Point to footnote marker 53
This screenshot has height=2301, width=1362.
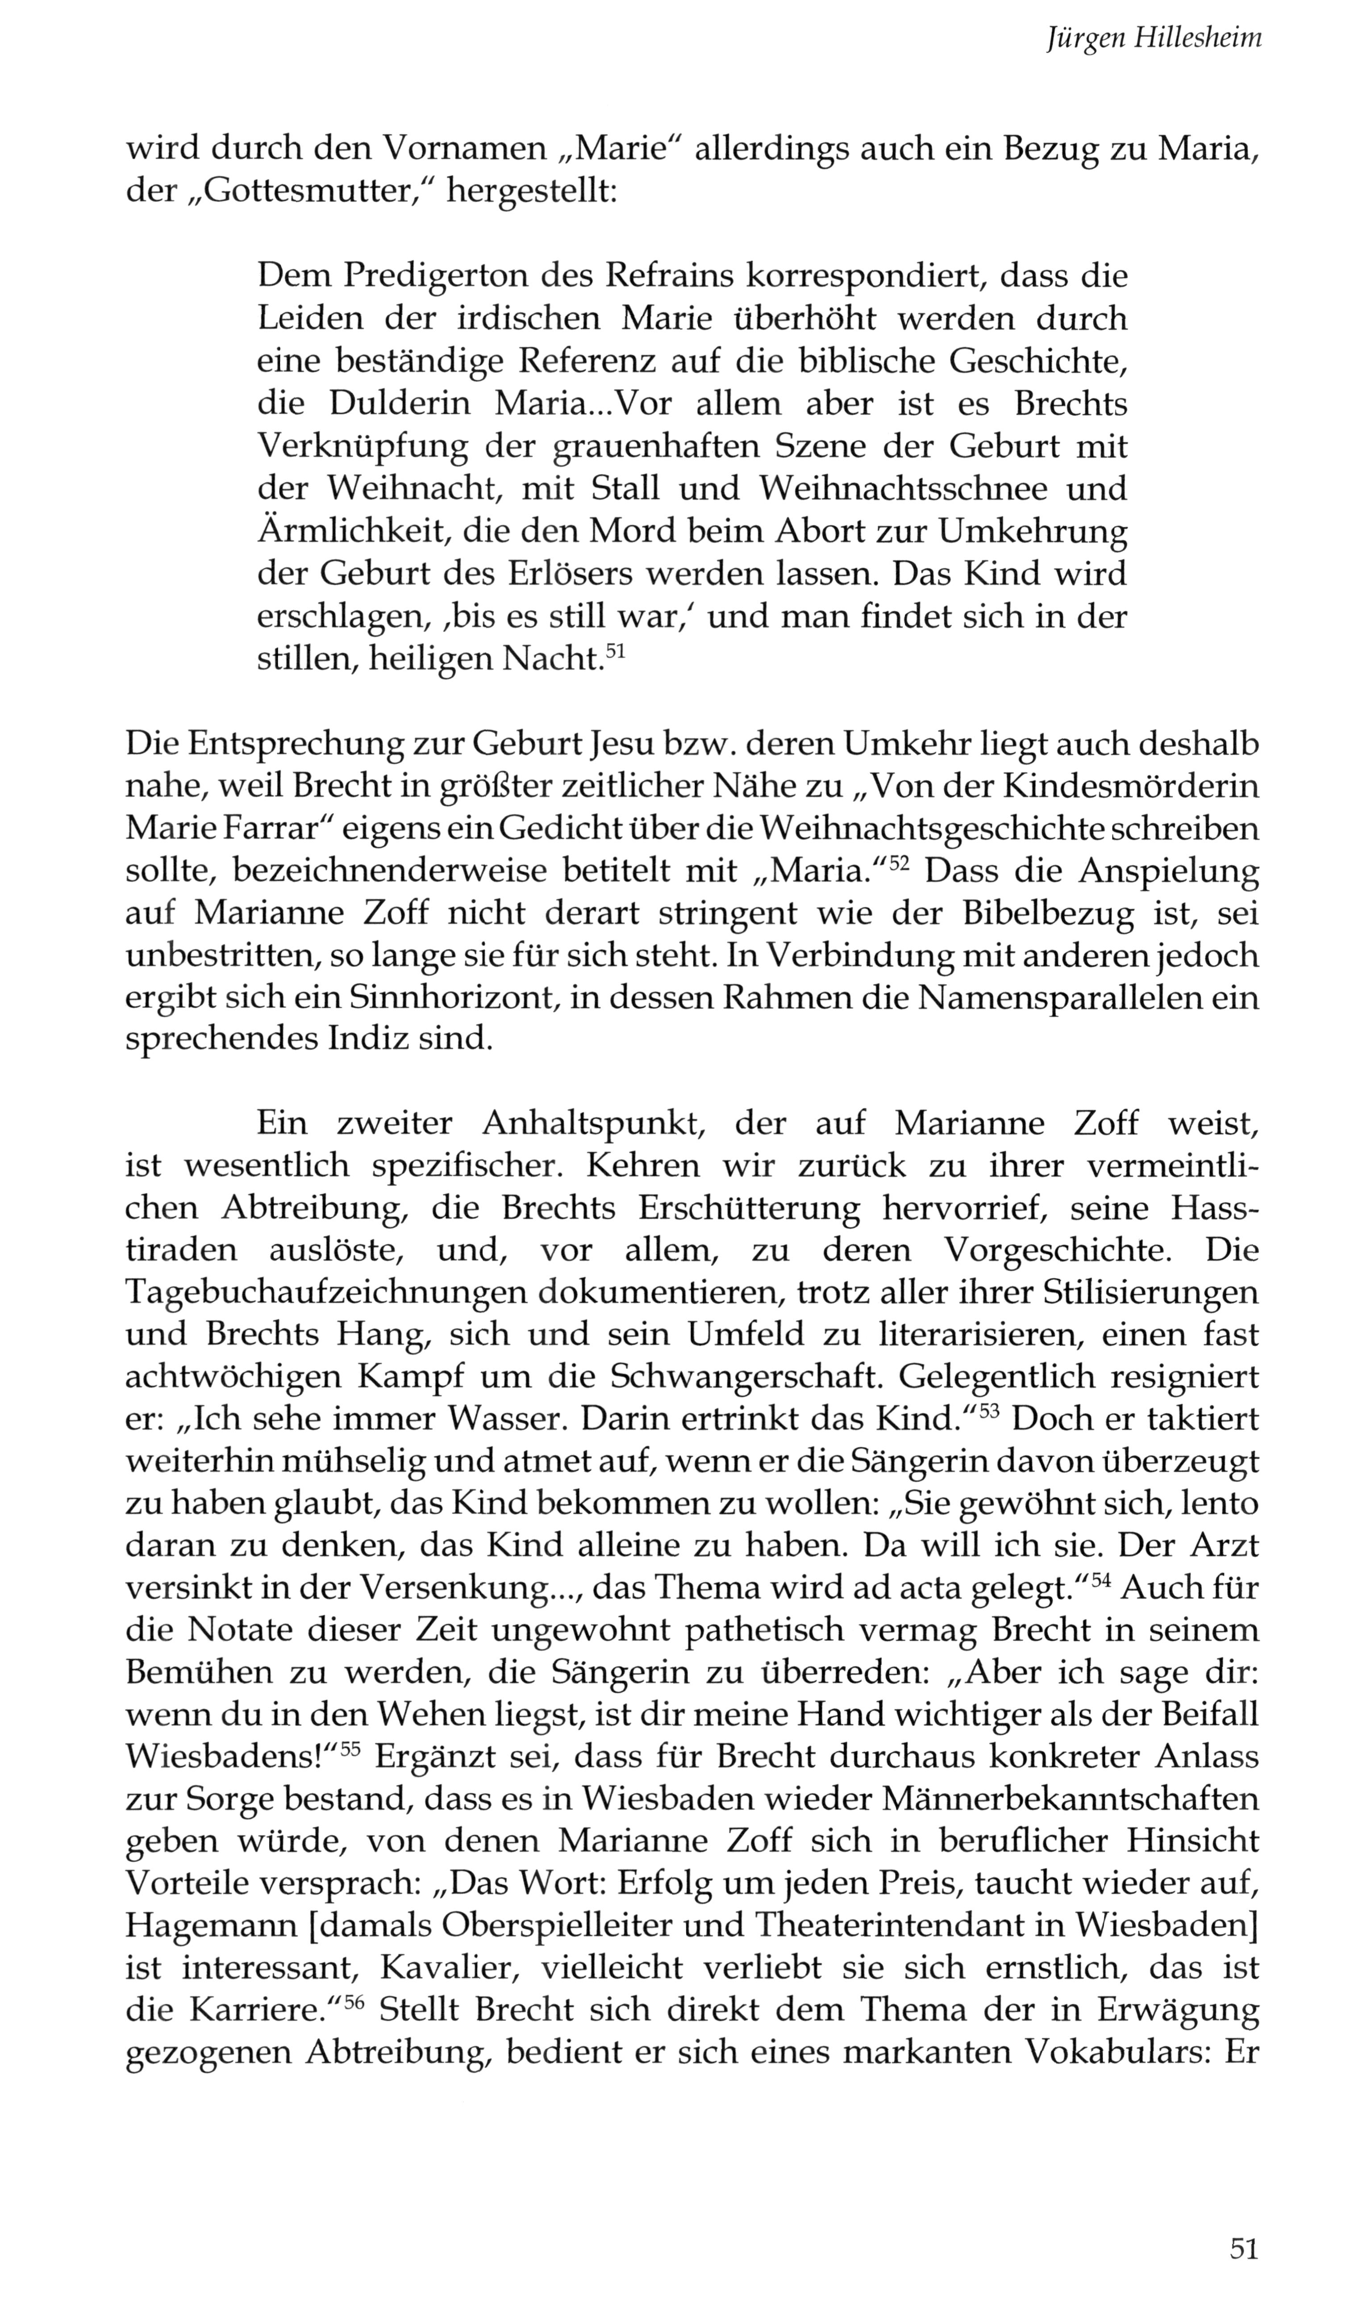coord(988,1412)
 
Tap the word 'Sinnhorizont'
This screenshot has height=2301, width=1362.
coord(444,998)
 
